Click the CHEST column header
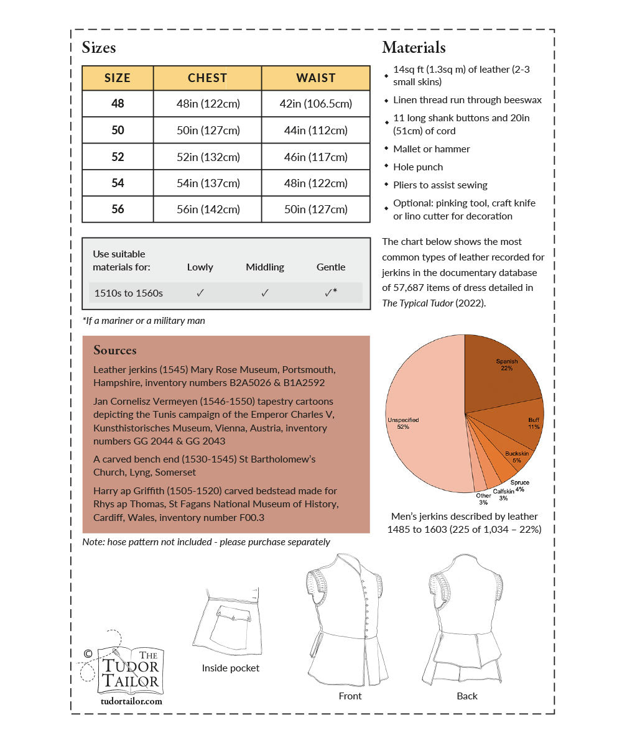coord(207,78)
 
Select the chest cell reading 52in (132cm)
coord(208,157)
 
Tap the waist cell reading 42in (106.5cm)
coord(316,104)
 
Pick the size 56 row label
coord(118,209)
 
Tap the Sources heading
coord(115,350)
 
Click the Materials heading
coord(414,47)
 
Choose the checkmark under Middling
coord(265,292)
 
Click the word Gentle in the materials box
coord(331,267)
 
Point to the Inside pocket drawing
coord(230,622)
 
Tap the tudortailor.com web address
coord(131,701)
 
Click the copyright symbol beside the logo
coord(88,653)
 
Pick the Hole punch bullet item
coord(418,167)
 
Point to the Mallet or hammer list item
coord(431,149)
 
